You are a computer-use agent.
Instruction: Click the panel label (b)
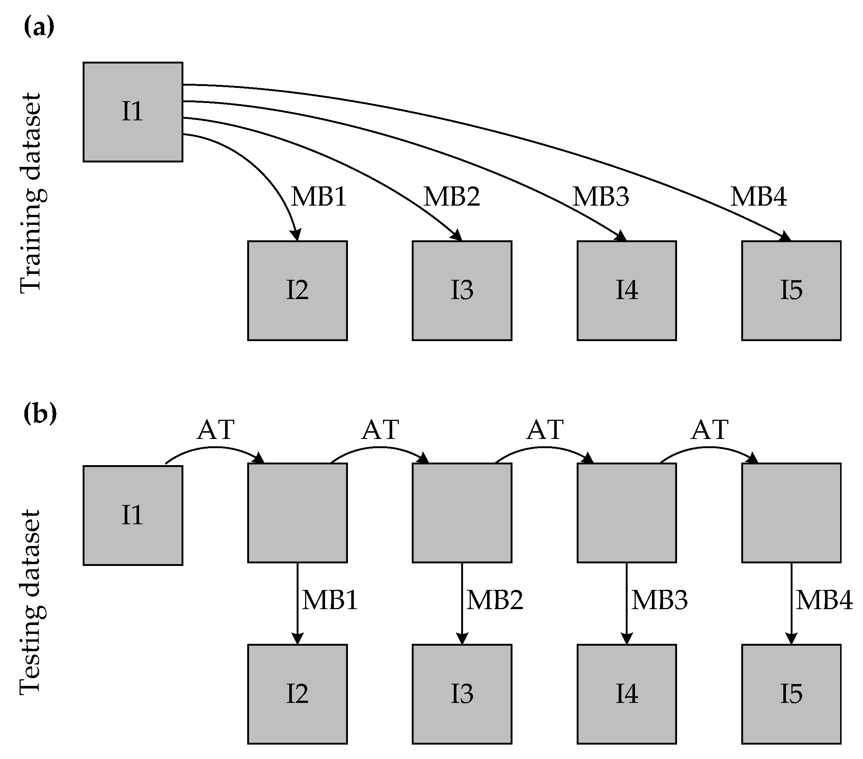click(40, 413)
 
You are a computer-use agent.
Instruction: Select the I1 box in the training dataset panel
click(132, 112)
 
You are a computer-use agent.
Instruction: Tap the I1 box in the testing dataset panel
click(132, 515)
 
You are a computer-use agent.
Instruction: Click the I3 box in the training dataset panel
click(462, 291)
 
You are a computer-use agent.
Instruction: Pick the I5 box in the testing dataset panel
click(791, 694)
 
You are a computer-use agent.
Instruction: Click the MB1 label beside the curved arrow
click(319, 197)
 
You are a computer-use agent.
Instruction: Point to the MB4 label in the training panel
click(759, 197)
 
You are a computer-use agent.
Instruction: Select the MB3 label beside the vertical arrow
click(659, 600)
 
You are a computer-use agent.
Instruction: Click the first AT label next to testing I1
click(215, 430)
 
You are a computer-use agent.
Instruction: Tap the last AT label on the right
click(710, 430)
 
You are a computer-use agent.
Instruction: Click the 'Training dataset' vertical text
click(31, 193)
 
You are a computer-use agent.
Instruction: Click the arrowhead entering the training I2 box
click(296, 235)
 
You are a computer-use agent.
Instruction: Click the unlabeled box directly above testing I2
click(297, 513)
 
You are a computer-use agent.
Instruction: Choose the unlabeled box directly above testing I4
click(626, 513)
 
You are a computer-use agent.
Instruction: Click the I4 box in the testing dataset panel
click(626, 694)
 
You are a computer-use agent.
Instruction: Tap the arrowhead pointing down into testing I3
click(462, 639)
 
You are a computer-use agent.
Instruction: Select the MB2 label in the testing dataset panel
click(495, 600)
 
